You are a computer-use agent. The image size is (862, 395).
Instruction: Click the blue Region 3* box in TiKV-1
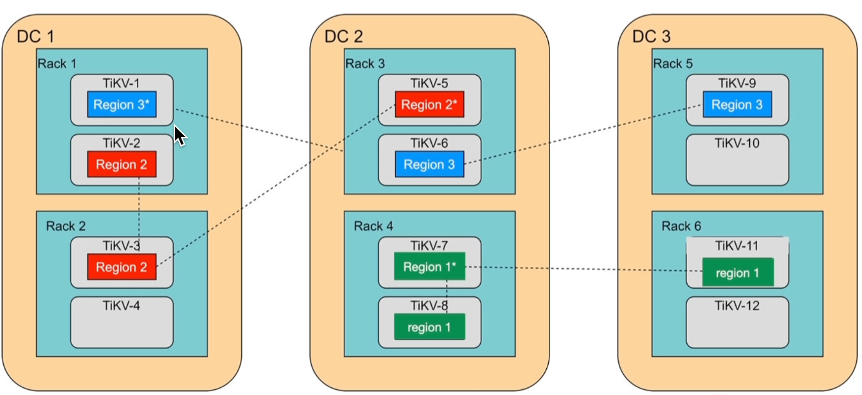coord(122,104)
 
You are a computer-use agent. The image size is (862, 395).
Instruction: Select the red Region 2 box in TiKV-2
coord(122,164)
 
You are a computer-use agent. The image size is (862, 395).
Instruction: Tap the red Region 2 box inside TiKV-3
coord(122,267)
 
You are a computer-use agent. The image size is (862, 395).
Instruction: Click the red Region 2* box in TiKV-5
coord(430,104)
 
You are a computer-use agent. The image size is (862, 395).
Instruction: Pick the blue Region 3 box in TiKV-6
coord(430,164)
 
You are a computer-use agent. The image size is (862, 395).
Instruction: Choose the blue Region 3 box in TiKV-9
coord(737,104)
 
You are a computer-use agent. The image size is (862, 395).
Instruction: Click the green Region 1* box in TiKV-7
coord(430,266)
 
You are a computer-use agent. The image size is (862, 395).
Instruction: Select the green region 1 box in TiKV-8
coord(430,327)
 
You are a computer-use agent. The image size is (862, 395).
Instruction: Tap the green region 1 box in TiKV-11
coord(737,273)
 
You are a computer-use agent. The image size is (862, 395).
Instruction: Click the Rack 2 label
coord(66,226)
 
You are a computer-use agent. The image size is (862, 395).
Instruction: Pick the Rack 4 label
coord(374,226)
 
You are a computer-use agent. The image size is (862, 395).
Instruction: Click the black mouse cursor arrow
coord(180,135)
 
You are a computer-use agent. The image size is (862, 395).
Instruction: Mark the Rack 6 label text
coord(681,226)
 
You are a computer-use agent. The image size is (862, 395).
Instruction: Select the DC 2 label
coord(344,36)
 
